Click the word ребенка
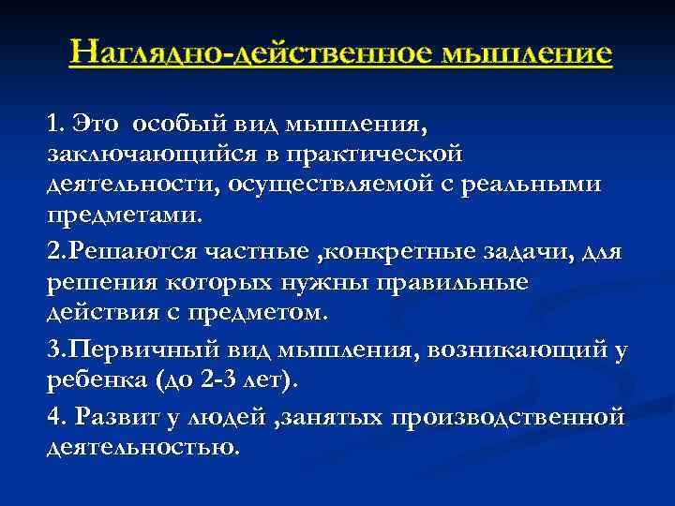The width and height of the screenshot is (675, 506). pos(93,379)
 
